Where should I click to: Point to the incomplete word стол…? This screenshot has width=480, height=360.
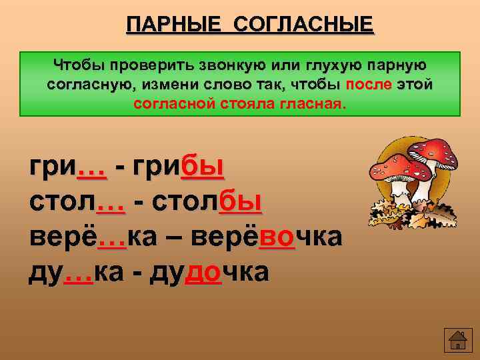point(77,201)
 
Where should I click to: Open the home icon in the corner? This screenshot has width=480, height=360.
point(457,340)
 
